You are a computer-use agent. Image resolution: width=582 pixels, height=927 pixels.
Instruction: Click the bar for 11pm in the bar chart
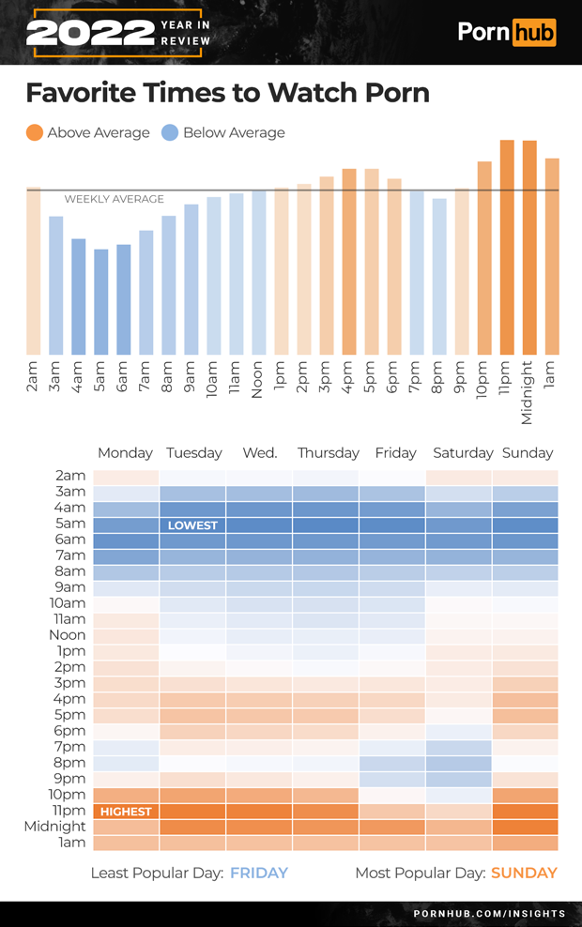pos(507,248)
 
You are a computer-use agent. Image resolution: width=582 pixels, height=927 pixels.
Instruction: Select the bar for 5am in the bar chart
pos(101,301)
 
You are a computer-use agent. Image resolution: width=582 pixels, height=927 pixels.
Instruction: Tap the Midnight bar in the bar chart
pos(529,248)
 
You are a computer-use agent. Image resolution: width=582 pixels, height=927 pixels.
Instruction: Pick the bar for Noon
pos(259,273)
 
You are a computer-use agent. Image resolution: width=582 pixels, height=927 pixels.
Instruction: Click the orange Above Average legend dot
pos(35,133)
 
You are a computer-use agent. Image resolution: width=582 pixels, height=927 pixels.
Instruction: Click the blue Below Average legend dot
pos(170,133)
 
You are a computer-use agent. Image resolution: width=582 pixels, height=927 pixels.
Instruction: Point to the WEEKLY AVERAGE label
pos(114,199)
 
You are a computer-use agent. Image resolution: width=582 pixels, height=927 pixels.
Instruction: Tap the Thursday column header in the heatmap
pos(328,453)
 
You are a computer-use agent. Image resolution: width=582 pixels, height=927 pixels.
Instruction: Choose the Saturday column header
pos(463,453)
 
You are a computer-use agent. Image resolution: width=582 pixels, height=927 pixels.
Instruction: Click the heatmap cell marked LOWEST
pos(192,525)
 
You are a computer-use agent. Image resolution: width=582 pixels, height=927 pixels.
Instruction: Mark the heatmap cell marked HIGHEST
pos(126,812)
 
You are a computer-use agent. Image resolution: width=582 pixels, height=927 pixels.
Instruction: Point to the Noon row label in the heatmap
pos(67,635)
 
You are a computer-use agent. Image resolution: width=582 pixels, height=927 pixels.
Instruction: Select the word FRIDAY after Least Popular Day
pos(259,874)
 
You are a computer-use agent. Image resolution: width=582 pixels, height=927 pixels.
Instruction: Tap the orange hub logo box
pos(533,32)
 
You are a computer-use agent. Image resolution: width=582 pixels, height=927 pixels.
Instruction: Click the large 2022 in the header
pos(90,33)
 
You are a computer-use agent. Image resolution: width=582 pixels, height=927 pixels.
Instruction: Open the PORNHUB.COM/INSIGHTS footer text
pos(489,913)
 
